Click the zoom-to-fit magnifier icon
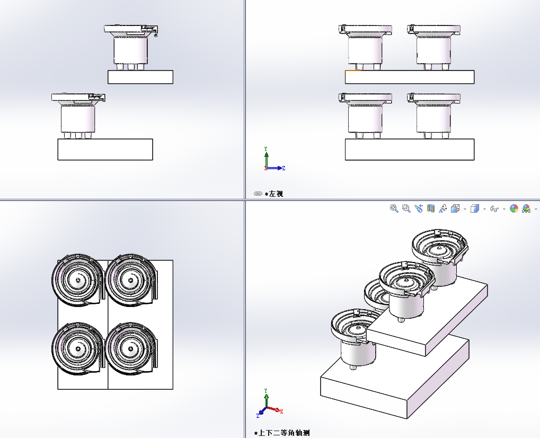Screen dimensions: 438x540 click(x=394, y=208)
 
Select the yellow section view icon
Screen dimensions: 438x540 click(x=431, y=208)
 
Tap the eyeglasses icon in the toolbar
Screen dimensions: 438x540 click(x=494, y=209)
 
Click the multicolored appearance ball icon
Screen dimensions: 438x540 click(x=514, y=208)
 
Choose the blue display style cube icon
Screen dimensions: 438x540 click(x=474, y=208)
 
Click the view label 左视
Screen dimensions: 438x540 click(x=276, y=194)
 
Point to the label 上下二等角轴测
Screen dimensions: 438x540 click(x=284, y=433)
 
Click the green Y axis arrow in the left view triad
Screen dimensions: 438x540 click(x=266, y=156)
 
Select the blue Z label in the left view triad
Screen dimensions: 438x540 click(x=284, y=168)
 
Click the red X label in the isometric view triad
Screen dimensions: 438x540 click(x=281, y=411)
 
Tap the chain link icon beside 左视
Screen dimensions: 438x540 click(x=258, y=194)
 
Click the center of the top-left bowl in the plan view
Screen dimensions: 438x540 click(x=78, y=279)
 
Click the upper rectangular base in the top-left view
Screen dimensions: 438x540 click(x=140, y=77)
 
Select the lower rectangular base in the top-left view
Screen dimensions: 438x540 click(x=105, y=149)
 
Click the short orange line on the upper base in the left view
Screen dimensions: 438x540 click(x=353, y=70)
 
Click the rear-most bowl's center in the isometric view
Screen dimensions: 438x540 click(x=439, y=248)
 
